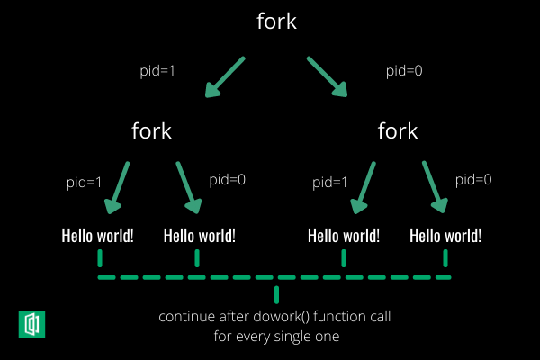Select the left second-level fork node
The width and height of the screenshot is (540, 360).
pos(151,131)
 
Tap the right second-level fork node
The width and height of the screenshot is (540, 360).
pos(398,131)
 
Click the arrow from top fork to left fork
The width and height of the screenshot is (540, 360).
pos(225,77)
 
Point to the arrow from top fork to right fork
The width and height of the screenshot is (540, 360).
pos(328,77)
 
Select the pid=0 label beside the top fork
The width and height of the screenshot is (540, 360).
pos(403,69)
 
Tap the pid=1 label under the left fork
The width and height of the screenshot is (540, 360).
pos(85,183)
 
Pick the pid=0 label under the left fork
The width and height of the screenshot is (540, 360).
pos(227,179)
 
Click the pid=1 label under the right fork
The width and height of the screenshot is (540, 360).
pos(330,183)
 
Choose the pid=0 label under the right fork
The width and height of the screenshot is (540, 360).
pos(473,179)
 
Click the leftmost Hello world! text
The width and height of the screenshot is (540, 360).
pos(97,236)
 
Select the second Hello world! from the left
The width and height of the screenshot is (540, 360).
pos(200,236)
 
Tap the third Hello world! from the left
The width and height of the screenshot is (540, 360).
pos(344,236)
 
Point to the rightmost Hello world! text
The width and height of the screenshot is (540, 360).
pos(445,236)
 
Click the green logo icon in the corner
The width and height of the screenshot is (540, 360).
pos(32,323)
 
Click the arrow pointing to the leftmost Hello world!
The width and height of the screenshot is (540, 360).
pos(118,188)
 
